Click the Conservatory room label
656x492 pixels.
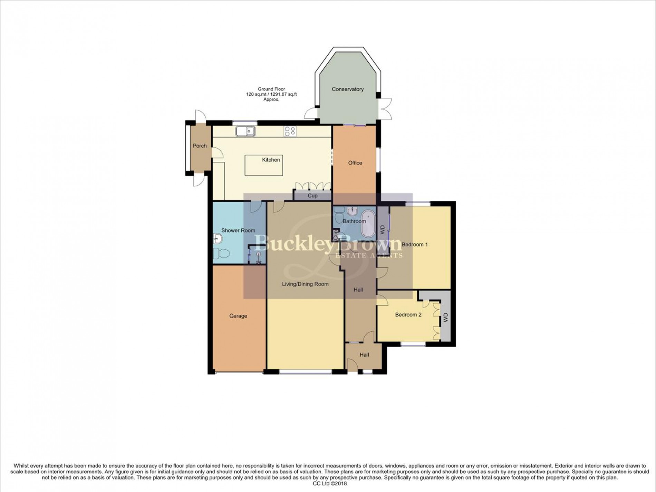pos(347,89)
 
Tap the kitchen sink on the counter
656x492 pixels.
pos(245,131)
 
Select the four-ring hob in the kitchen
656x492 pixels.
pos(290,131)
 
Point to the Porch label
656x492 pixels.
pos(200,146)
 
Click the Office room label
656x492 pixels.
pos(355,163)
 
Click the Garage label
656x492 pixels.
pos(238,316)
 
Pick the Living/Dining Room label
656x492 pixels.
pos(305,284)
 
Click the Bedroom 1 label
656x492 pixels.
pos(415,245)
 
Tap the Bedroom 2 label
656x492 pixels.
pos(408,315)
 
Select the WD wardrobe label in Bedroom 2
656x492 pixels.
pos(445,317)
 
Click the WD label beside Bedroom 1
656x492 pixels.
pos(382,230)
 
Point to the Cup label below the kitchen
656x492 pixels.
pos(312,196)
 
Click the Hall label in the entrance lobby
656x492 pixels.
pos(364,355)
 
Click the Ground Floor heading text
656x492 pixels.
pos(271,89)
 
